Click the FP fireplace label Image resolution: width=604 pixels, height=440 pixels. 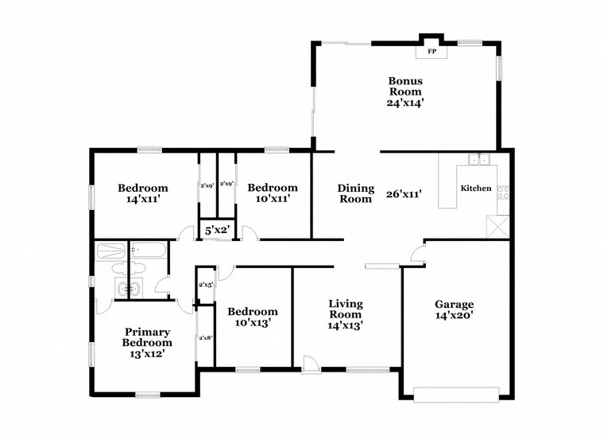432,52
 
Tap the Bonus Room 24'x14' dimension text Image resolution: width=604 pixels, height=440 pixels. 405,102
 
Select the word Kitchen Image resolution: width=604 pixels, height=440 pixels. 475,189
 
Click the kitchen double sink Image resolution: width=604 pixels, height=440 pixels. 478,159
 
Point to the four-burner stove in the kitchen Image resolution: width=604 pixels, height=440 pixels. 502,192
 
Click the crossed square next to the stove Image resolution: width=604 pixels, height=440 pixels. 498,225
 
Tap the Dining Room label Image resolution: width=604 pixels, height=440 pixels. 355,193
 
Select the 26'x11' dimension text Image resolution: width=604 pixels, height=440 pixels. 403,193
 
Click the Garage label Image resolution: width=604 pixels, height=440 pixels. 454,304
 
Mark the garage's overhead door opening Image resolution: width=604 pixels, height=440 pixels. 457,392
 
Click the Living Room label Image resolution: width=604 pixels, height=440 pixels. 346,309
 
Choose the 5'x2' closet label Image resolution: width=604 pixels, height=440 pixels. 217,230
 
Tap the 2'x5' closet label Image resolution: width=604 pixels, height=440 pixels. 205,284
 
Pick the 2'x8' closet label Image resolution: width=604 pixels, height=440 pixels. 205,337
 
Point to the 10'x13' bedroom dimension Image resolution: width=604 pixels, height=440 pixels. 253,323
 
